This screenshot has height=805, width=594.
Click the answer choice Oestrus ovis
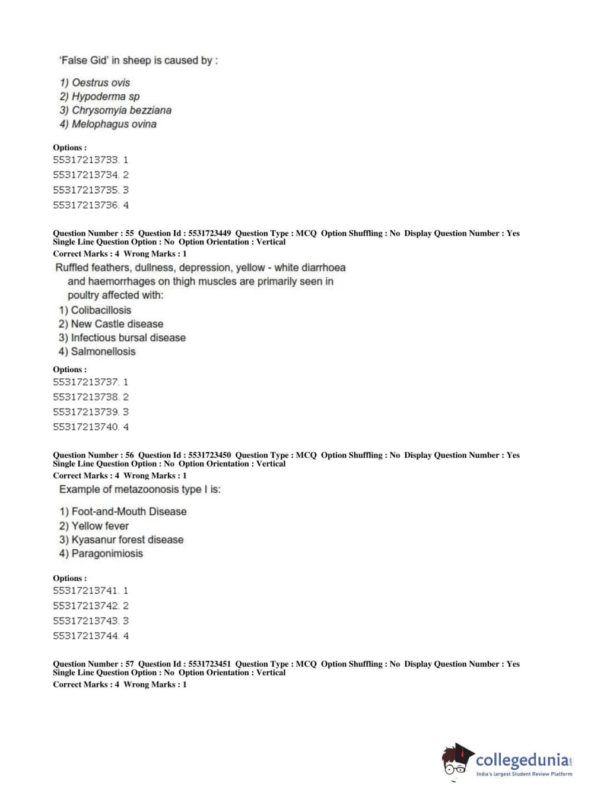coord(95,83)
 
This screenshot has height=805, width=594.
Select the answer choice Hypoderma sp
coord(100,96)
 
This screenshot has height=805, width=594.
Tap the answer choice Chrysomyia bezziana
coord(115,110)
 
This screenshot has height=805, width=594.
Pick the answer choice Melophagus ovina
coord(108,124)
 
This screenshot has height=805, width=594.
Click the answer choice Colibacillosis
coord(95,310)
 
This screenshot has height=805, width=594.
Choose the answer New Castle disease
coord(111,324)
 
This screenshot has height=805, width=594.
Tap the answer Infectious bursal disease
coord(122,338)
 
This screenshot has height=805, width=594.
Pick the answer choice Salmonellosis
coord(97,351)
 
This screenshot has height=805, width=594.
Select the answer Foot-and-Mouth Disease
coord(123,512)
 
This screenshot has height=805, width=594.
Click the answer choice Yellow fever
coord(94,526)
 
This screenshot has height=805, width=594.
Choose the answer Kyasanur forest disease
coord(121,540)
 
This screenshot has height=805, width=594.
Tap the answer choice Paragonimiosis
coord(101,553)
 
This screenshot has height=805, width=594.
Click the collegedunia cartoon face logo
coord(456,761)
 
